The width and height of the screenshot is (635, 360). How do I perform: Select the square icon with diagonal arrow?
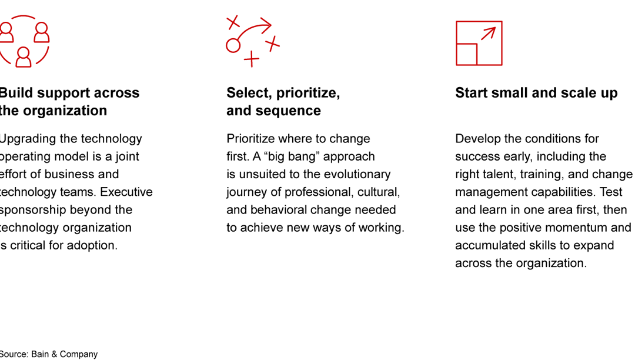tap(479, 43)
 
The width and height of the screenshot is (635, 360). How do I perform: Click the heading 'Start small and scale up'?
tap(536, 93)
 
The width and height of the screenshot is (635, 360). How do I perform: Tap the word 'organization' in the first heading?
tap(71, 111)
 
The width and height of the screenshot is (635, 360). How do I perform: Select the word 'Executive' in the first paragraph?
tap(126, 192)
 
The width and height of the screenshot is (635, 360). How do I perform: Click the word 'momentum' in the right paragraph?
tap(577, 227)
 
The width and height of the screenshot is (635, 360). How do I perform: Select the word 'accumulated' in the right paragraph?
tap(489, 245)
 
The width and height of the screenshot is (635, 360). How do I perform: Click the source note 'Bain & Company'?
tap(64, 354)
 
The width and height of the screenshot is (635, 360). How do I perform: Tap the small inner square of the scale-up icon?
tap(467, 54)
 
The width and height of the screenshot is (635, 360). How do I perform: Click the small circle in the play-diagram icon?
tap(233, 45)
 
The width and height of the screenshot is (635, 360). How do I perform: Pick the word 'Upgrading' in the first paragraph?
tap(24, 139)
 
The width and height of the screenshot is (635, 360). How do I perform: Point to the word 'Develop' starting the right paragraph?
tap(477, 139)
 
